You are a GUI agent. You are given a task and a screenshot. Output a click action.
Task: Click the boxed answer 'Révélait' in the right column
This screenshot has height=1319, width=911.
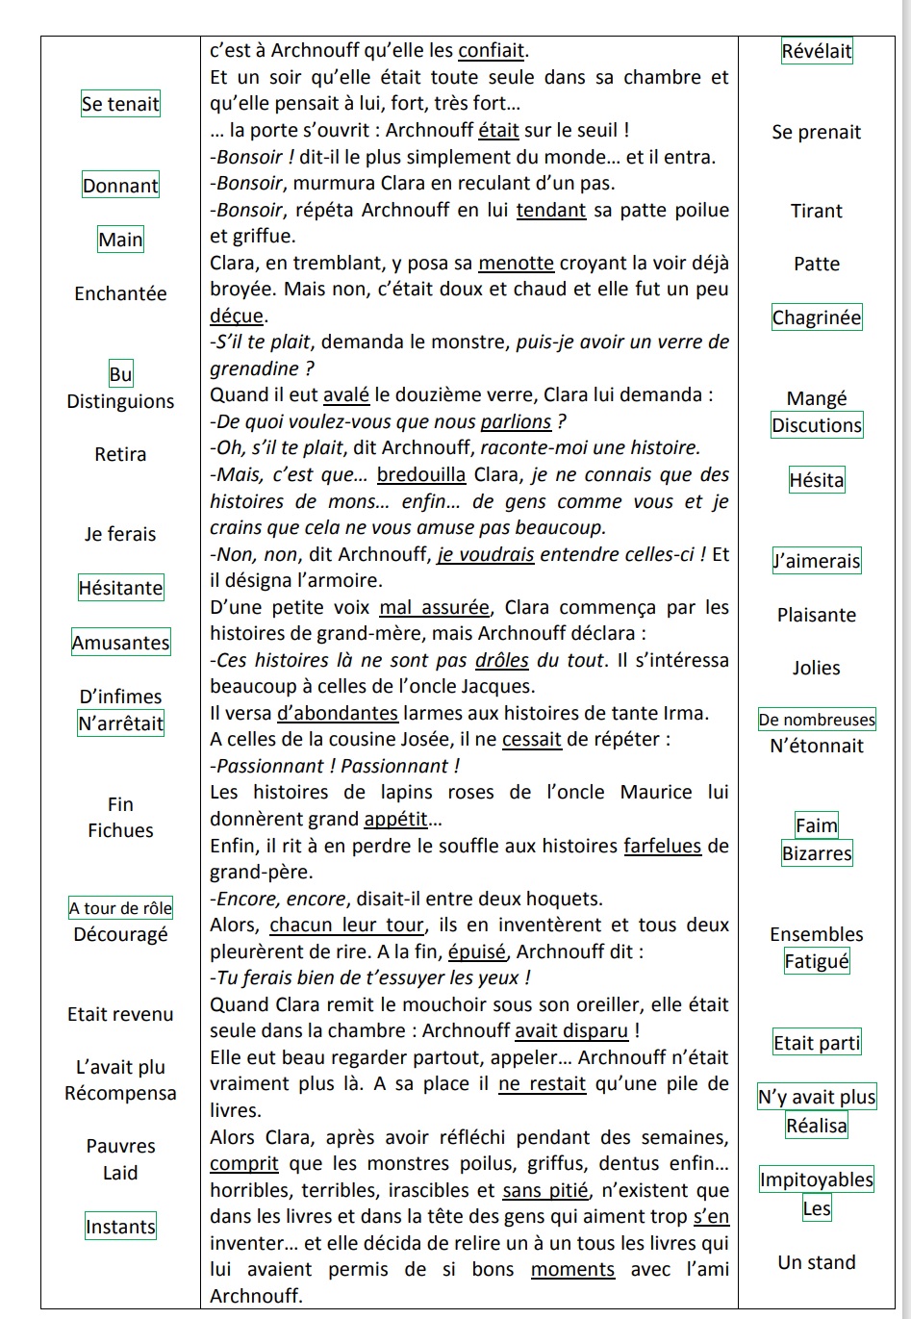(x=817, y=51)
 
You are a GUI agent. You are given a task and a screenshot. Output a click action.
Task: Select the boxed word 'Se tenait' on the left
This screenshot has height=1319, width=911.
(x=120, y=104)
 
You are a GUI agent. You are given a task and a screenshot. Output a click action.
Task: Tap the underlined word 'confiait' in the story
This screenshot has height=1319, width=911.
(x=492, y=51)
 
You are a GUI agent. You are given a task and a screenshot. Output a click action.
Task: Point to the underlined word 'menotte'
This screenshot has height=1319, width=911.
(x=516, y=263)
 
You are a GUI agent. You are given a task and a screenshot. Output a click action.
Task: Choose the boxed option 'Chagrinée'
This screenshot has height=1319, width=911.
(x=817, y=317)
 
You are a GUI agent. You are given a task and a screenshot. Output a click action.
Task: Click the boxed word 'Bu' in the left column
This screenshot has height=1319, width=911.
(x=120, y=374)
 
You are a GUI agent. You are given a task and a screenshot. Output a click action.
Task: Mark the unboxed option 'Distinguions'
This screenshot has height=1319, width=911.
(x=120, y=401)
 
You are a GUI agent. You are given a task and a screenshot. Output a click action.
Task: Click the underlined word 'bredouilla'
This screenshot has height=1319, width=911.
(x=421, y=474)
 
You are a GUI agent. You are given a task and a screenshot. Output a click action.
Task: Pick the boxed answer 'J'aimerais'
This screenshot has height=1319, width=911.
(x=817, y=561)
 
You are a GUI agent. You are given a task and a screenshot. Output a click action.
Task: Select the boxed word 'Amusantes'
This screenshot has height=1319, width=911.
(x=120, y=643)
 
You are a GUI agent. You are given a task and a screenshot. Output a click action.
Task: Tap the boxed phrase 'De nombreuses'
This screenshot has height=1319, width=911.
(x=817, y=720)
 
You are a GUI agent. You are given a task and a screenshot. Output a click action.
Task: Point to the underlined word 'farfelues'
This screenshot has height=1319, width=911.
(x=663, y=846)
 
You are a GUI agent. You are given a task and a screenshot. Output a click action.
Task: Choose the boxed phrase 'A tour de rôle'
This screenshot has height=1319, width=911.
(x=120, y=908)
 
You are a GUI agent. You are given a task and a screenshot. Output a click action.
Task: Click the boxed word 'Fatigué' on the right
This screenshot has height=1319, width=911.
(x=817, y=961)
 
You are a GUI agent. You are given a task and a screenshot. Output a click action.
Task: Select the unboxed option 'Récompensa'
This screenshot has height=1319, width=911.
(x=120, y=1093)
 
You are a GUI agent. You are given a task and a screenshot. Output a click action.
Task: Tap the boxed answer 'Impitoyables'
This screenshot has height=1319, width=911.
(x=817, y=1179)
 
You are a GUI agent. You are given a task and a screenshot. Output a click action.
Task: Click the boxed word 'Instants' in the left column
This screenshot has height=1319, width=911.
(x=120, y=1227)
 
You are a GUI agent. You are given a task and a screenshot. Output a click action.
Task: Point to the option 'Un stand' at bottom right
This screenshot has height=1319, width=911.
(x=817, y=1262)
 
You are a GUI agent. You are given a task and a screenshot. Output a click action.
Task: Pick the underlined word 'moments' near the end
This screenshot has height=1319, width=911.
(x=572, y=1269)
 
